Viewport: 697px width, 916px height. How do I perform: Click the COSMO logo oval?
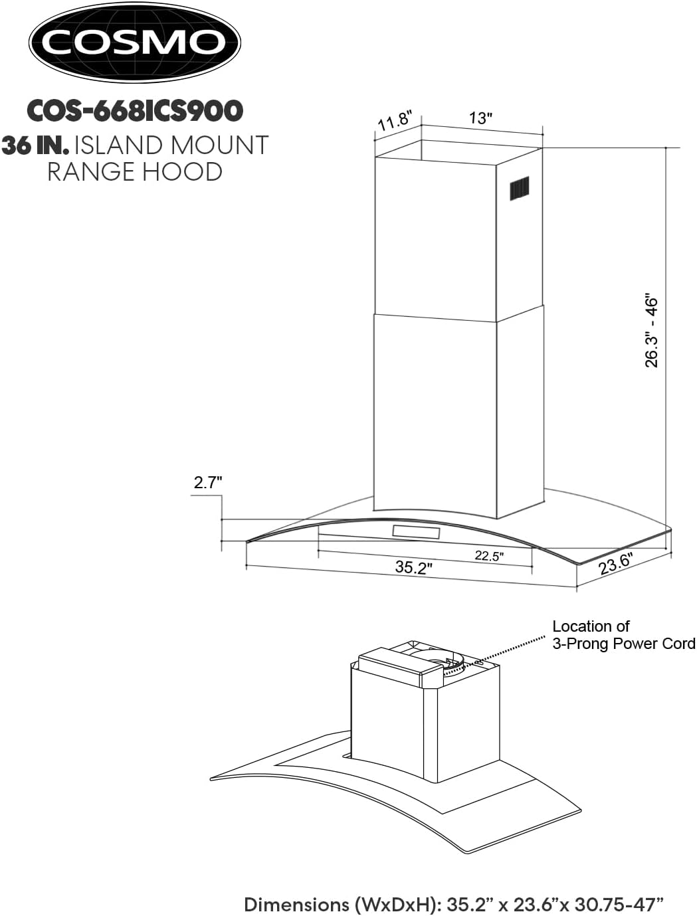pyautogui.click(x=134, y=43)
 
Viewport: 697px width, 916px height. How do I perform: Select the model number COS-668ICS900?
pyautogui.click(x=134, y=111)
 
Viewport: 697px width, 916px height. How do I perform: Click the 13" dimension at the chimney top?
pyautogui.click(x=480, y=118)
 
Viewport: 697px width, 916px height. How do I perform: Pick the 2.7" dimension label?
pyautogui.click(x=207, y=483)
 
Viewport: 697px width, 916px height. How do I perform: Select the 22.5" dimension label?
pyautogui.click(x=489, y=556)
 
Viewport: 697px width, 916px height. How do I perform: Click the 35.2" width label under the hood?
pyautogui.click(x=413, y=568)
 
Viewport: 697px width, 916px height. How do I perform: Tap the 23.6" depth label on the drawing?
pyautogui.click(x=615, y=564)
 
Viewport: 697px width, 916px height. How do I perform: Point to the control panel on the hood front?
pyautogui.click(x=416, y=532)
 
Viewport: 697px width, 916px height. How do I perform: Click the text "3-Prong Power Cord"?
pyautogui.click(x=623, y=644)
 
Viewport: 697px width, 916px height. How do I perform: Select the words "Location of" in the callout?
pyautogui.click(x=591, y=626)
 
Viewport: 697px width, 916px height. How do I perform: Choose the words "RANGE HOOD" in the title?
pyautogui.click(x=134, y=172)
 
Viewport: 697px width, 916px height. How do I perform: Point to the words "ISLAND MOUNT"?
pyautogui.click(x=172, y=145)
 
